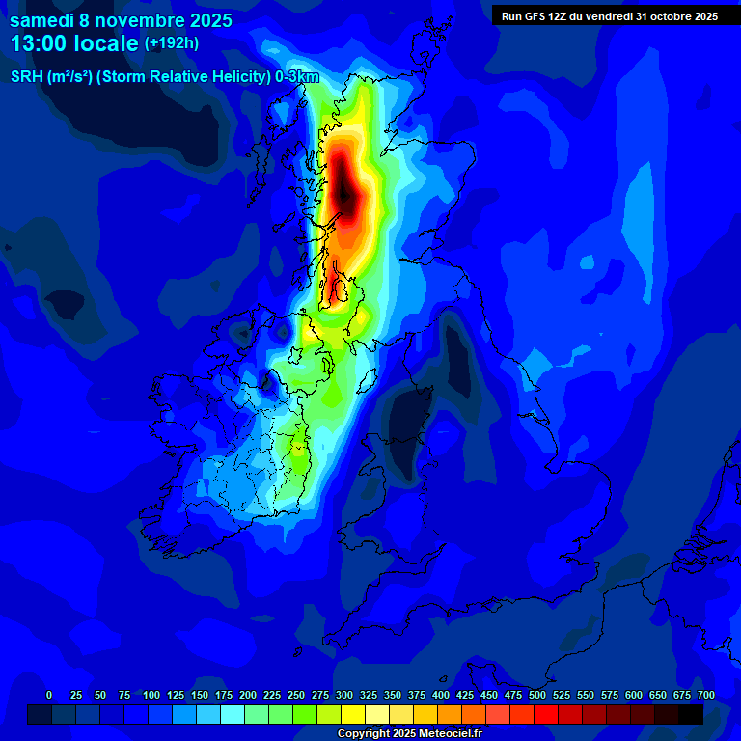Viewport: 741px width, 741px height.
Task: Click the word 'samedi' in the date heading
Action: tap(41, 20)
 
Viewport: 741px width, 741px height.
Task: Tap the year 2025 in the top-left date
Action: tap(205, 20)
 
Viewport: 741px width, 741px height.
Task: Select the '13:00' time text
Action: tap(40, 43)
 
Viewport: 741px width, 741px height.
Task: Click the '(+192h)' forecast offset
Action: tap(173, 43)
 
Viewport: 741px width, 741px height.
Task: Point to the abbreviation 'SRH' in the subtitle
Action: tap(26, 77)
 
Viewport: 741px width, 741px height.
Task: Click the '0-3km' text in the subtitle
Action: tap(296, 77)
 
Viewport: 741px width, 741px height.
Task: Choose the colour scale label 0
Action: tap(49, 695)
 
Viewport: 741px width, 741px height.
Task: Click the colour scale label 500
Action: tap(537, 695)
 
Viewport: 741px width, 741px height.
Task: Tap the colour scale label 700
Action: tap(706, 695)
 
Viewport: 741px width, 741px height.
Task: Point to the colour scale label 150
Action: tap(200, 695)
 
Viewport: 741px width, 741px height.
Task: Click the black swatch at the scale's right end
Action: tap(690, 714)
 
